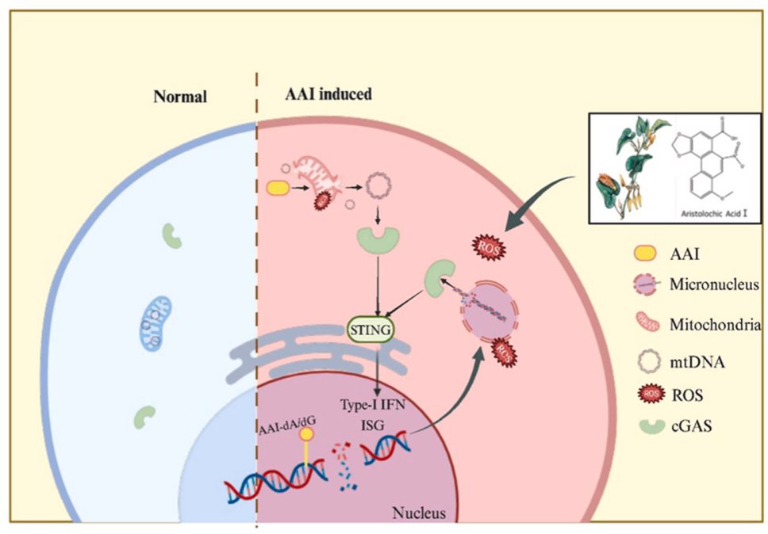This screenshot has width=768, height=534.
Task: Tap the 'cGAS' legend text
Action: point(691,428)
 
